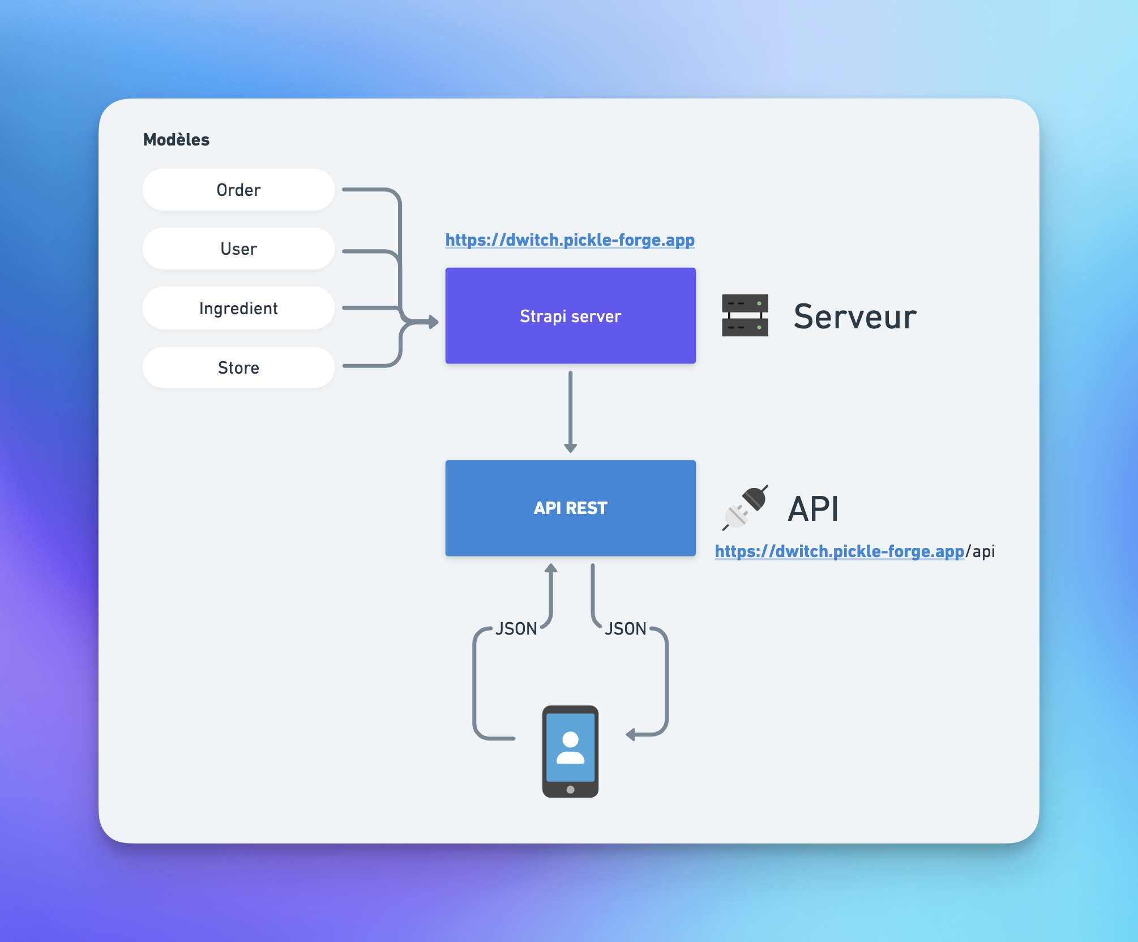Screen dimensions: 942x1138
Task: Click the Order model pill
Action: click(238, 190)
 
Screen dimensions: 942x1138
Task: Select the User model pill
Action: click(238, 249)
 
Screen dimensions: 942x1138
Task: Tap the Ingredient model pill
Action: click(238, 308)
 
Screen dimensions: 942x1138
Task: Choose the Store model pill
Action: click(238, 367)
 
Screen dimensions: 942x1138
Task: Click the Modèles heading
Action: click(176, 139)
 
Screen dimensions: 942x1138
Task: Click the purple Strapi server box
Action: click(570, 315)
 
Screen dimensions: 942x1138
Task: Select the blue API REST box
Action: click(570, 508)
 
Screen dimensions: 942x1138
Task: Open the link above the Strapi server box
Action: click(570, 240)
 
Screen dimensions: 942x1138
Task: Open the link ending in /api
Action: click(839, 551)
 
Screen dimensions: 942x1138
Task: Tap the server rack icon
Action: click(745, 315)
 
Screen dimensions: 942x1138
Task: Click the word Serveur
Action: click(854, 316)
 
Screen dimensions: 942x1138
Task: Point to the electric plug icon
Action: click(745, 508)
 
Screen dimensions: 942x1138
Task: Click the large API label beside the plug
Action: click(813, 508)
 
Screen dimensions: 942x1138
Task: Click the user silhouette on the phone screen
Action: click(570, 747)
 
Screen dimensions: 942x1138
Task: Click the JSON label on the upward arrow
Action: click(516, 628)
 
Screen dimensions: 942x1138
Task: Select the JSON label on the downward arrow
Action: click(625, 628)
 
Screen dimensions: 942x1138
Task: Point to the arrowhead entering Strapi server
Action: click(434, 322)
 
